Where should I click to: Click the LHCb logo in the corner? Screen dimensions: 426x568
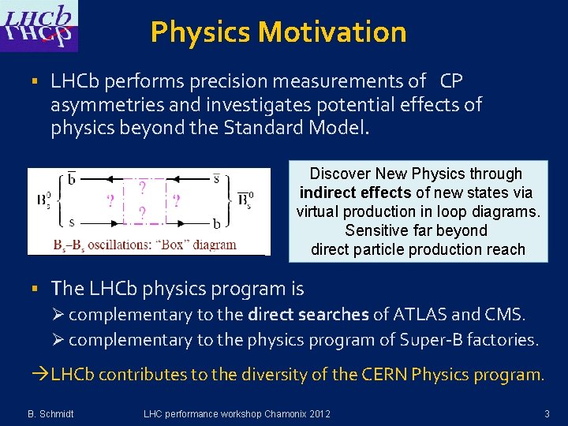tap(39, 25)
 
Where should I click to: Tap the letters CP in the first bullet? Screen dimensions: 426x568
tap(451, 81)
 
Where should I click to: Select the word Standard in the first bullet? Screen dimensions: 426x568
tap(280, 127)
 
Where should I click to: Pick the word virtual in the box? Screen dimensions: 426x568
tap(320, 211)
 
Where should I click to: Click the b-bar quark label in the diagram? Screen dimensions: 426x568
tap(72, 178)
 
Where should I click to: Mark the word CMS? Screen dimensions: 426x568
tap(506, 315)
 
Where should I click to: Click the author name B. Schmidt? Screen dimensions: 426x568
tap(51, 413)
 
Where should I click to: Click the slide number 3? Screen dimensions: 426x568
tap(547, 413)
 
